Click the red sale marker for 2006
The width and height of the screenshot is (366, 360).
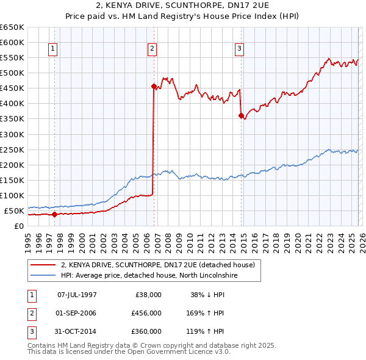(x=154, y=87)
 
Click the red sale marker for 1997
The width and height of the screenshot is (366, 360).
(x=54, y=214)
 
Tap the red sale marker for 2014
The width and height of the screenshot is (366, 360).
(x=242, y=115)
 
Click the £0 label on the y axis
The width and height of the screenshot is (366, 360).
(x=20, y=226)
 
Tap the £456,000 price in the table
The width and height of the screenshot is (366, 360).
(x=146, y=313)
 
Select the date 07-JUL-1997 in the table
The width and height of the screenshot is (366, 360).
(x=77, y=295)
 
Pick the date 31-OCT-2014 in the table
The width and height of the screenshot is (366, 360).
(x=77, y=331)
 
